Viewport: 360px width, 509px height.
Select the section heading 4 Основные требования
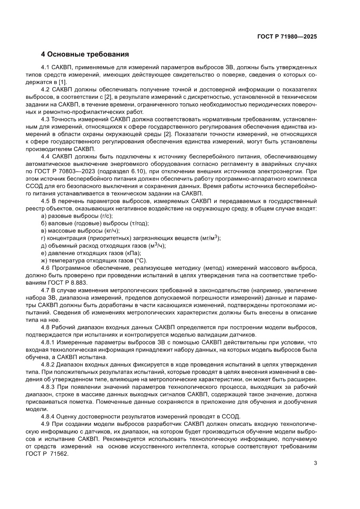point(85,55)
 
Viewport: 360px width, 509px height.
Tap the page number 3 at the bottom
point(315,463)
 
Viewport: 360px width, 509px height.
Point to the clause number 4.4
point(45,156)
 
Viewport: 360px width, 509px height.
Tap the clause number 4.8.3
point(48,386)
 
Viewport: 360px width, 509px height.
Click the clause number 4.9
point(45,423)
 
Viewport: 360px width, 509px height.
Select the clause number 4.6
point(45,268)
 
